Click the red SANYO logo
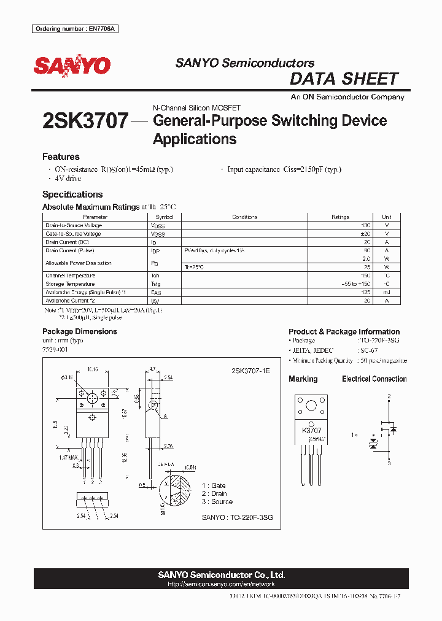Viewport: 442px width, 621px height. point(72,66)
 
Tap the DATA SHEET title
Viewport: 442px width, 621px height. point(344,79)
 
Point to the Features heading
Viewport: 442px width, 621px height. point(61,157)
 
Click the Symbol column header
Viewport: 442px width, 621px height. point(165,217)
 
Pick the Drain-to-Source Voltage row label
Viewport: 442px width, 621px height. point(74,225)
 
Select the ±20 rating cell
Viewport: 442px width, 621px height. point(366,234)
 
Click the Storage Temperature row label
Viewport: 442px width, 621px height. point(70,284)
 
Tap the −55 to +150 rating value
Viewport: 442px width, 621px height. point(356,284)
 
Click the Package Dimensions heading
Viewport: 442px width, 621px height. point(79,331)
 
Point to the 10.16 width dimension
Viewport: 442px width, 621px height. point(93,370)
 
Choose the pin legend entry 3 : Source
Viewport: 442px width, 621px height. point(217,502)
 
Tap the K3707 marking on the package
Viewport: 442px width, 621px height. point(311,431)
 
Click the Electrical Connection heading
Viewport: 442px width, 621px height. point(374,379)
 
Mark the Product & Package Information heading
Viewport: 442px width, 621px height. point(344,331)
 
